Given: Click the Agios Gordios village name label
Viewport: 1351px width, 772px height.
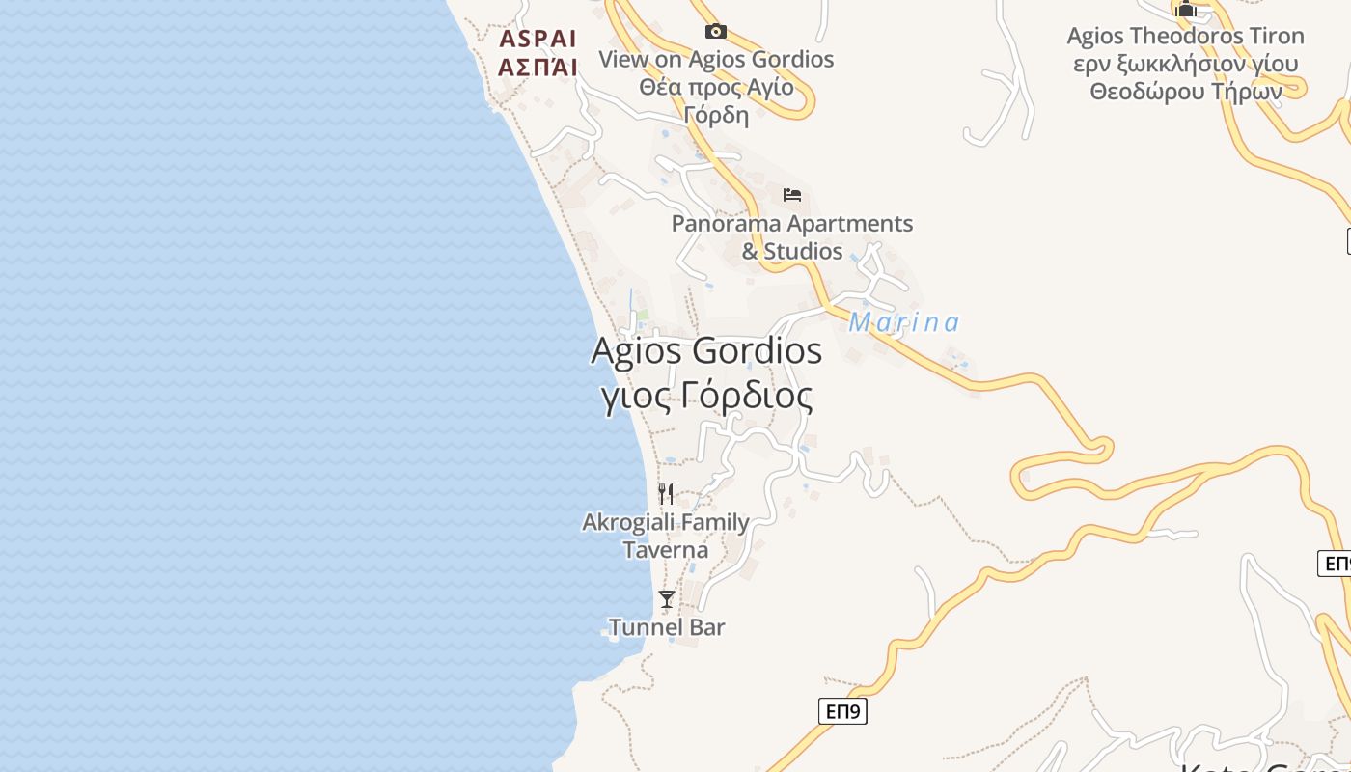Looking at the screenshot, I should point(705,351).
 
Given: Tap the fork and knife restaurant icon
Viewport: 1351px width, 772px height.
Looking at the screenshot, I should point(666,494).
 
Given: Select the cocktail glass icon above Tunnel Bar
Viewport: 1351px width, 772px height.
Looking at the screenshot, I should point(667,599).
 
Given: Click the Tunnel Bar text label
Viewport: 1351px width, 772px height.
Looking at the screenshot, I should point(667,627).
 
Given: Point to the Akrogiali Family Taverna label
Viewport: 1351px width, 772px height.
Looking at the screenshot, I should point(666,536).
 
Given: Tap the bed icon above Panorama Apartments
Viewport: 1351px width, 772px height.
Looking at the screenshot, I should point(792,195).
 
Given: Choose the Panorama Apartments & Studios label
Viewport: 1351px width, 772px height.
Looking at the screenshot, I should point(792,237).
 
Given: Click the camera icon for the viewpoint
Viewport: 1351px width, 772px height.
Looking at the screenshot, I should point(715,32).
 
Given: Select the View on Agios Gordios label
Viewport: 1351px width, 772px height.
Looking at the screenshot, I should point(716,59).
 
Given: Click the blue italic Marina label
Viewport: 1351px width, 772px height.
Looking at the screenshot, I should point(904,322).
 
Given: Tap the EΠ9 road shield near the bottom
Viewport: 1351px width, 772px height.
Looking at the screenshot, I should point(843,712).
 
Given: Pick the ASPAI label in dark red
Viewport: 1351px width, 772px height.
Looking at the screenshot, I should point(538,39).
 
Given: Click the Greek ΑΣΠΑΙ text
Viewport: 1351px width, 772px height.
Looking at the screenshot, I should point(538,67).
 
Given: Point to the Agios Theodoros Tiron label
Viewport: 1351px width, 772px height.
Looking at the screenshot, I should point(1185,37).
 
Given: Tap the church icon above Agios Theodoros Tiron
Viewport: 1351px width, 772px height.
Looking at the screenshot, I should point(1186,11).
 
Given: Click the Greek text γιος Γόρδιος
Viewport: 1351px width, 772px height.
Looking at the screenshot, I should point(706,396).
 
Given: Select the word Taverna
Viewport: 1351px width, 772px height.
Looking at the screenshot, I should point(666,550).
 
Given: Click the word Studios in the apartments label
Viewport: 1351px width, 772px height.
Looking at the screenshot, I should point(803,252).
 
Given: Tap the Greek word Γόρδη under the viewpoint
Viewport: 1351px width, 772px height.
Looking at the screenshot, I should point(716,115).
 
